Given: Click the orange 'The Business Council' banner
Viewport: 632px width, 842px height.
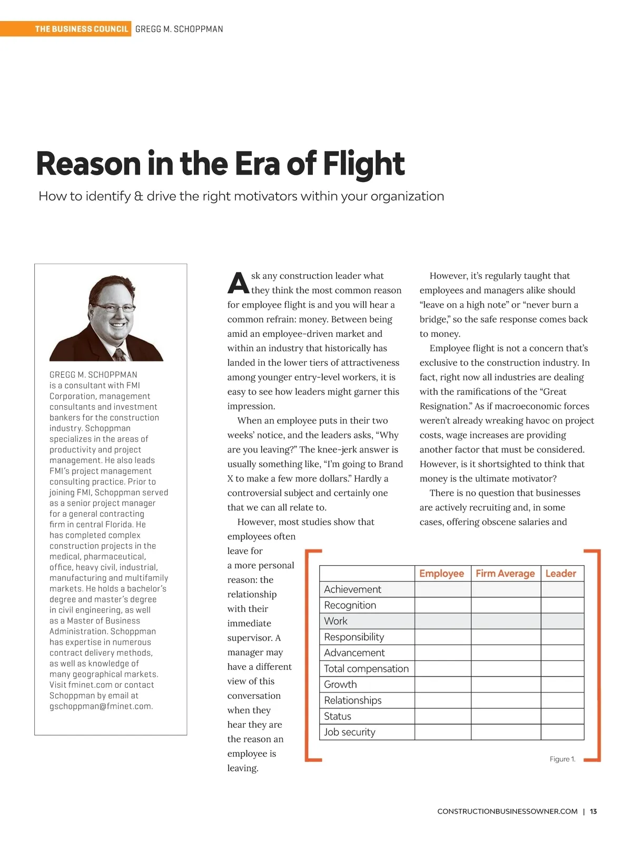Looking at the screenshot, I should pos(81,29).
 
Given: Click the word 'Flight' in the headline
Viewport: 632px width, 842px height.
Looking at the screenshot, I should pos(363,164).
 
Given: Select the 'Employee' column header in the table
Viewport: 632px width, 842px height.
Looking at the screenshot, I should pos(441,574).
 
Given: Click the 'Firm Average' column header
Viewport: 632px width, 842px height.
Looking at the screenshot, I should pos(505,574).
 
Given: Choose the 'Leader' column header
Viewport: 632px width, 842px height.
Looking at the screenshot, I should pos(561,574).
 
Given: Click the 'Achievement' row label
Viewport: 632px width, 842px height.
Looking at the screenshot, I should pos(352,589).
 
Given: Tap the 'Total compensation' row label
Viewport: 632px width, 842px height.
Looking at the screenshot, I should pos(366,668).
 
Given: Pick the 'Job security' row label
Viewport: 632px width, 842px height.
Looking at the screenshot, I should pos(350,732).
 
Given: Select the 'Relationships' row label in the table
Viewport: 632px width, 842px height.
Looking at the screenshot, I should pos(352,700).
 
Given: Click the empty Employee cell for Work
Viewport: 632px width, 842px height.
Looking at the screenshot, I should pos(442,621).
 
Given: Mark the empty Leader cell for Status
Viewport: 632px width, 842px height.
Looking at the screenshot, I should pos(562,716).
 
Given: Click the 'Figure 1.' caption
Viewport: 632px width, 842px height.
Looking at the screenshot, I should pos(562,759).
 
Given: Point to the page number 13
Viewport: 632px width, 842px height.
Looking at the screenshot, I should pos(593,811).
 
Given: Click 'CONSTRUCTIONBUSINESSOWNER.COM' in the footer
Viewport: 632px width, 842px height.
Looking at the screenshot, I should pos(507,811).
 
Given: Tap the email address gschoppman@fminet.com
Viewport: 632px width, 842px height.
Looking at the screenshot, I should pos(101,706).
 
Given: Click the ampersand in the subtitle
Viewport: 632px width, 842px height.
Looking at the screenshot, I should pos(139,196).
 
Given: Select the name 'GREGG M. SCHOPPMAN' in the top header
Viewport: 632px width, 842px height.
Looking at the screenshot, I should pos(179,29).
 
